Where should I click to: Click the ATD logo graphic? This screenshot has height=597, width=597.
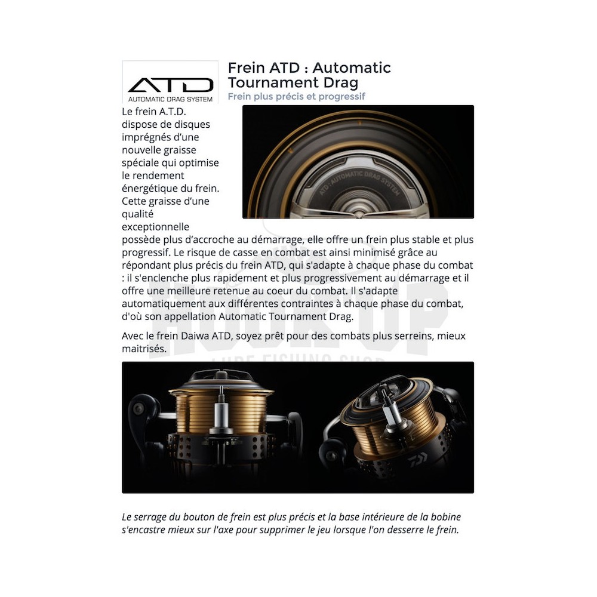point(170,85)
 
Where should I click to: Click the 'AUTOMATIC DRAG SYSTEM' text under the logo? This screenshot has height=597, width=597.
point(170,99)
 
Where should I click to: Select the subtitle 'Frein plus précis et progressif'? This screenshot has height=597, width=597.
point(296,96)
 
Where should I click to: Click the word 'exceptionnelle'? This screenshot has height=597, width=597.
point(155,227)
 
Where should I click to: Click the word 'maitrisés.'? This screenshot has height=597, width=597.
point(144,349)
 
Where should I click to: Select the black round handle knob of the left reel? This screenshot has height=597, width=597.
point(143,410)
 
